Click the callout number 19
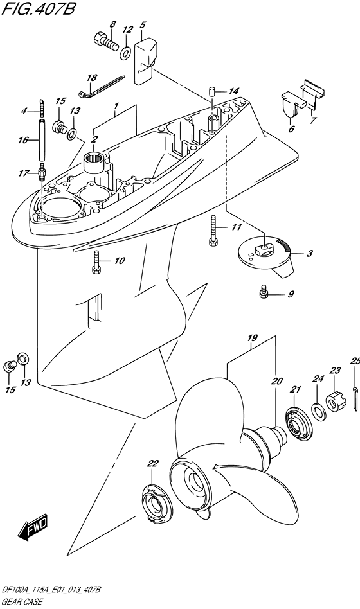[x=252, y=339]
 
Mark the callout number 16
[x=23, y=140]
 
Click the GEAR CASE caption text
[x=22, y=603]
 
